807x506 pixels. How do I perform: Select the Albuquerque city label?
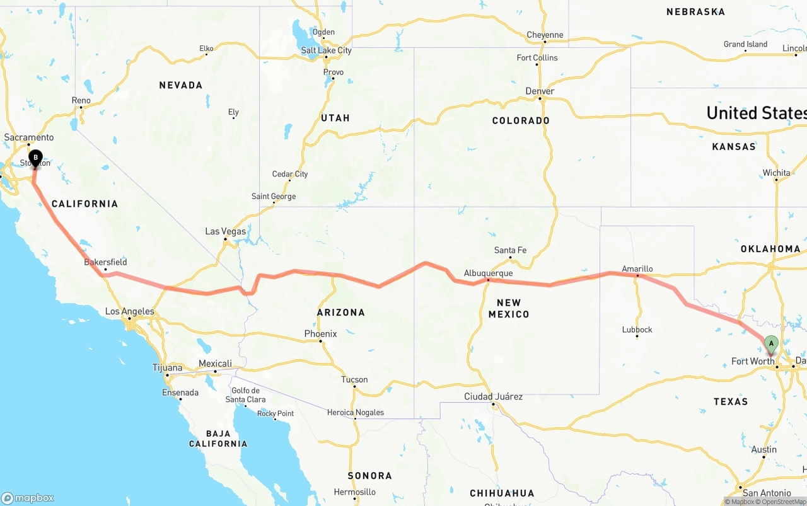(x=488, y=273)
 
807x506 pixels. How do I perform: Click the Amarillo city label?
(x=637, y=269)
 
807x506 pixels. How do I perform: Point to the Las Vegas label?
(x=226, y=232)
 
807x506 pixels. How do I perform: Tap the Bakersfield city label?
(x=105, y=262)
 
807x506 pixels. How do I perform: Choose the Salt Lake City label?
(x=326, y=50)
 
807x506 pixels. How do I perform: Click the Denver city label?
(x=540, y=91)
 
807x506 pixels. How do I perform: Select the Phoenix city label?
(x=320, y=334)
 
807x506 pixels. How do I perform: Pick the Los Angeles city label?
(x=129, y=311)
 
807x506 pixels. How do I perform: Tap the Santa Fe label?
(x=510, y=250)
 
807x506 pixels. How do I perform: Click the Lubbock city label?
(x=637, y=330)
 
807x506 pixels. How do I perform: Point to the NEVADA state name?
(x=181, y=85)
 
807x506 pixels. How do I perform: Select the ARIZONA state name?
(x=341, y=312)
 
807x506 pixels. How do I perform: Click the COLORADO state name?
(x=521, y=120)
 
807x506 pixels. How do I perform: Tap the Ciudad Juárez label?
(x=493, y=396)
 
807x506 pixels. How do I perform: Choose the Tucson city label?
(x=354, y=379)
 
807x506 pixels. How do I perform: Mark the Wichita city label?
(x=776, y=173)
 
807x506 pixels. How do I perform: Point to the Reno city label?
(x=81, y=100)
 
